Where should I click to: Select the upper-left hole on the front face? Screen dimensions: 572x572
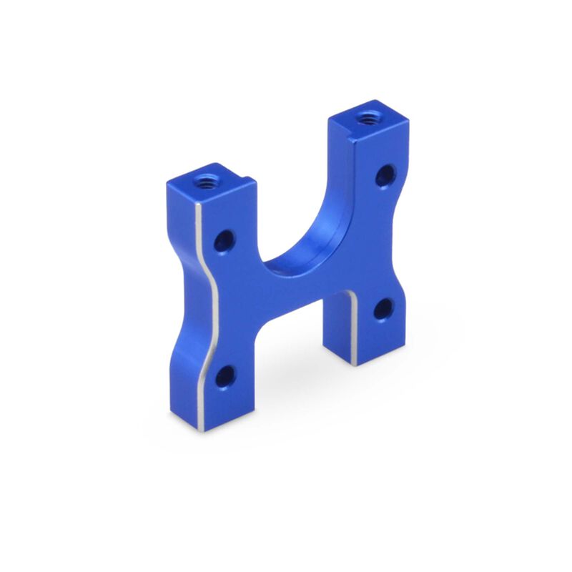tap(224, 240)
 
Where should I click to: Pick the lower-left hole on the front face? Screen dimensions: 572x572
tap(225, 376)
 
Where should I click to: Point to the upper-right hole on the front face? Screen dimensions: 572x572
tap(385, 175)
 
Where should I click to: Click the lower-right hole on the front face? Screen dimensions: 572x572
tap(383, 309)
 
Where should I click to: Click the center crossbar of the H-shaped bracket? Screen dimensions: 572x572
tap(300, 286)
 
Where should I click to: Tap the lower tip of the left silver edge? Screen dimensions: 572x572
tap(202, 428)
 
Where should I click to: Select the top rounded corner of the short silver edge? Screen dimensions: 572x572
tap(350, 294)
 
